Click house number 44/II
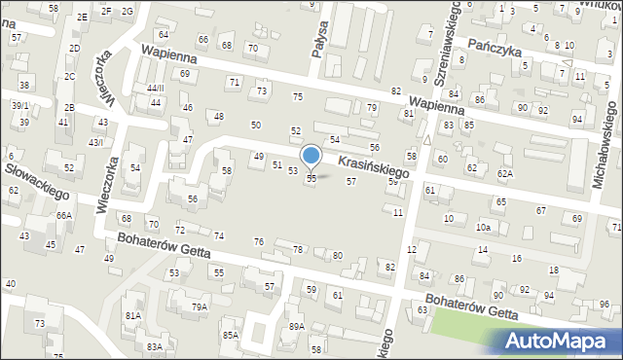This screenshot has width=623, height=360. [156, 88]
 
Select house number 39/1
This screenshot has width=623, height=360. [20, 105]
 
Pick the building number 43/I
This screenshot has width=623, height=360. [96, 142]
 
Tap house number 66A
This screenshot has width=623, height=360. [64, 215]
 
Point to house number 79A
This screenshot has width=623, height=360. [199, 307]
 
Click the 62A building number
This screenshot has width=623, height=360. [504, 173]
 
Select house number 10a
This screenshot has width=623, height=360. [483, 227]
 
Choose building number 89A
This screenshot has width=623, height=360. [296, 327]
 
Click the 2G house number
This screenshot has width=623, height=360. [128, 11]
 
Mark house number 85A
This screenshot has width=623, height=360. [230, 336]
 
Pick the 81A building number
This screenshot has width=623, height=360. [132, 316]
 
